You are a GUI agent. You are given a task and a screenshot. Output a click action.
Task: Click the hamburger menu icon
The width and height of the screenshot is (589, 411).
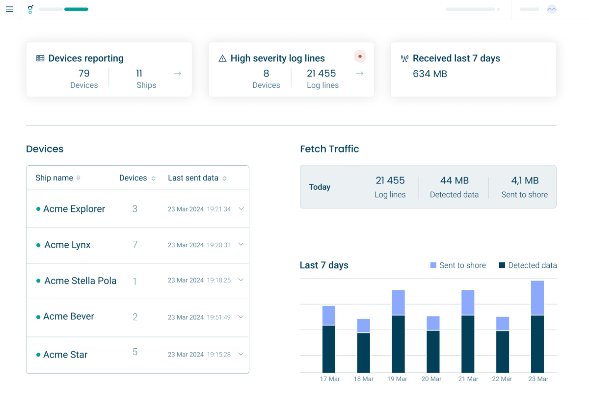point(9,9)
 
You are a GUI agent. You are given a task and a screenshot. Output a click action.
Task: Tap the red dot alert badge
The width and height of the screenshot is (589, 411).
point(360,56)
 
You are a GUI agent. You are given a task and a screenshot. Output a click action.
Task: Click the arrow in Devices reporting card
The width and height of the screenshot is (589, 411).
point(178,74)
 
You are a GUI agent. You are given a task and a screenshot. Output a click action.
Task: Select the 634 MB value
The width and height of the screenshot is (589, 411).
point(430,74)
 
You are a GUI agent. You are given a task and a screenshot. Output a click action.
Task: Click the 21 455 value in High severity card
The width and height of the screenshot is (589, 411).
point(321,74)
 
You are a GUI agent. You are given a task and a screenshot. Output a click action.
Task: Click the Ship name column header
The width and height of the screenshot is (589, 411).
point(54,178)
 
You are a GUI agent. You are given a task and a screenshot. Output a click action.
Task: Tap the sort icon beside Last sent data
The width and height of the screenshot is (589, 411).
point(224,179)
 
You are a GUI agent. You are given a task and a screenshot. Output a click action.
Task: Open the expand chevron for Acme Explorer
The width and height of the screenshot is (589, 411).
point(241,208)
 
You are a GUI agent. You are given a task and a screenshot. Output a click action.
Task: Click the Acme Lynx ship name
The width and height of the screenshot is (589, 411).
point(67,245)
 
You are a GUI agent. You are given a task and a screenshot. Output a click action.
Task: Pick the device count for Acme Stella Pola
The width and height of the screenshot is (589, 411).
point(134,281)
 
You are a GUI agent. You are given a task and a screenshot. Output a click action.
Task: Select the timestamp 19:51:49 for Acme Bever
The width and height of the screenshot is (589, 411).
point(218,317)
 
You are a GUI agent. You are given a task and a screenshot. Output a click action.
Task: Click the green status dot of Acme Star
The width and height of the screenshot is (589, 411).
point(38,355)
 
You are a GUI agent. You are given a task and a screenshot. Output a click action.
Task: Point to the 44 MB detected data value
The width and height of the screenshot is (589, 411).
point(454,180)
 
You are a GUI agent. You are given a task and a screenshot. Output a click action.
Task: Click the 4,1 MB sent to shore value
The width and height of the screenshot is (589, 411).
point(525,180)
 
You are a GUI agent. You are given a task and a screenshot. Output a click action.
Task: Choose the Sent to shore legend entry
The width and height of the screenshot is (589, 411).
point(458,265)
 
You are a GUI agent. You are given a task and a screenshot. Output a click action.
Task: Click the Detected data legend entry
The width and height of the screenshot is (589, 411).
point(528,265)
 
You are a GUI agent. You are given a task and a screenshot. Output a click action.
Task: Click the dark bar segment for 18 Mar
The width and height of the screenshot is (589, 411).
point(364,353)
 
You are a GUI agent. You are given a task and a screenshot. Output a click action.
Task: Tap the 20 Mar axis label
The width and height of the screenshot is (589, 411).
point(431,379)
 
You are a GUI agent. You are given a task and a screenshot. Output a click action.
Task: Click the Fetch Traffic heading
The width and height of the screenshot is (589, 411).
point(329,149)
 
